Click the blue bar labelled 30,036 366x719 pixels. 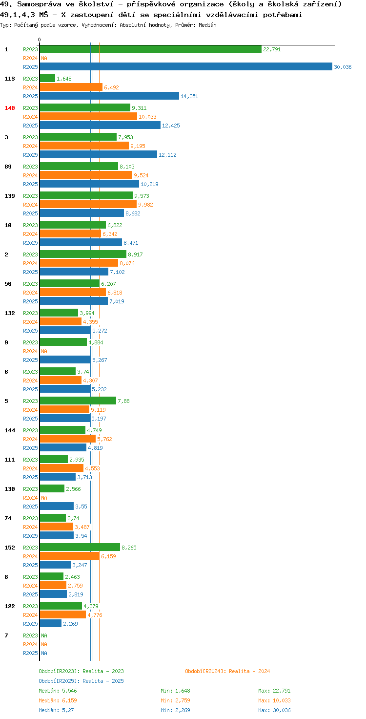point(186,66)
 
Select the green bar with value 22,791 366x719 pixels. point(150,49)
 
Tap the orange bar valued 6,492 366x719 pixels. point(71,87)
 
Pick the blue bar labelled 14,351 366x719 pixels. point(109,96)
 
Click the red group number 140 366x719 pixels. point(10,108)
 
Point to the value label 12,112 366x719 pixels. point(167,155)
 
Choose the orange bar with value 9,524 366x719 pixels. point(86,175)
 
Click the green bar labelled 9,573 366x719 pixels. point(86,195)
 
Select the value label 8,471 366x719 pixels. point(131,243)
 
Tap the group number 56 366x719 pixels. point(8,284)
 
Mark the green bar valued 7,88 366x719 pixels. point(78,401)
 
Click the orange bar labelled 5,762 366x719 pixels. point(68,439)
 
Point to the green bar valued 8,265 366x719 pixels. point(80,547)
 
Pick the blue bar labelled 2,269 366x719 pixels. point(51,623)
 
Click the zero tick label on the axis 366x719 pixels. point(39,40)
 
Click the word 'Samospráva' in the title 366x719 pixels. point(39,4)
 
